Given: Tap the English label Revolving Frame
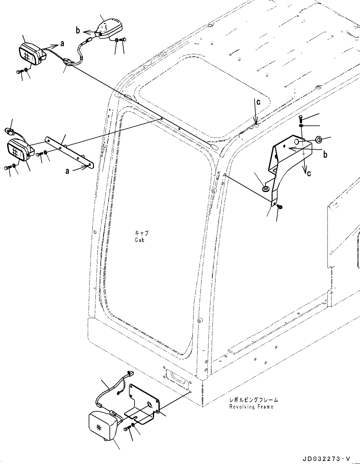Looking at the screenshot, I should [x=251, y=407].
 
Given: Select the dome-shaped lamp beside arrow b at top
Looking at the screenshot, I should [x=109, y=28].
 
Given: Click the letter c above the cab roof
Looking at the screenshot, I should [x=258, y=102].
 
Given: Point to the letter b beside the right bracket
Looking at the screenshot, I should [x=325, y=154].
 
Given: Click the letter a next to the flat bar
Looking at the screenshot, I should [x=67, y=171].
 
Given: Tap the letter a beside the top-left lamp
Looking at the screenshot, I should [x=62, y=44].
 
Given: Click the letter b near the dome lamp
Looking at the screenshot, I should [x=78, y=30].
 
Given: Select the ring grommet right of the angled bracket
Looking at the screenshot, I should [x=318, y=139].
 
